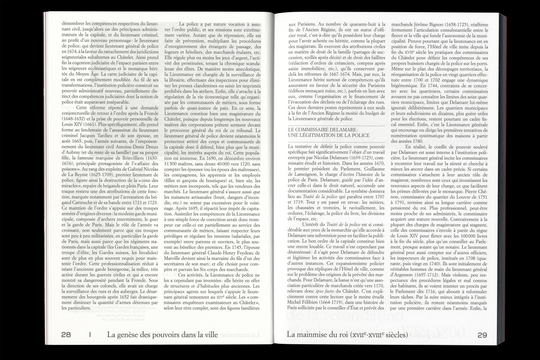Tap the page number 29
coord(482,335)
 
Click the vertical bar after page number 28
coord(90,335)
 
